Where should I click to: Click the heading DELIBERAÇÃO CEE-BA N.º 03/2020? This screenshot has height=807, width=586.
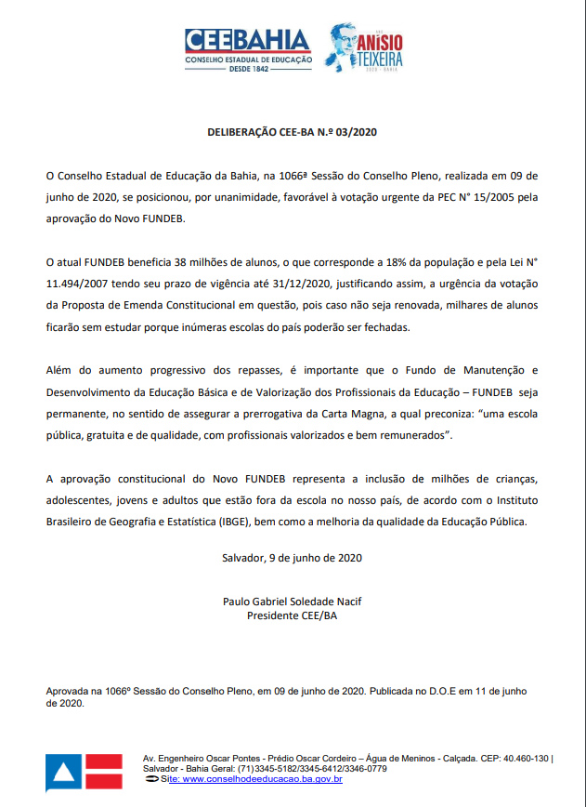pyautogui.click(x=292, y=133)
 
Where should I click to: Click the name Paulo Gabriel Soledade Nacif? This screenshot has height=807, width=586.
pyautogui.click(x=292, y=602)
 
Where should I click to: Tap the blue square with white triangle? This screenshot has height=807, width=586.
pyautogui.click(x=63, y=773)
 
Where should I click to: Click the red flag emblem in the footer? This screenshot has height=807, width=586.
pyautogui.click(x=105, y=773)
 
